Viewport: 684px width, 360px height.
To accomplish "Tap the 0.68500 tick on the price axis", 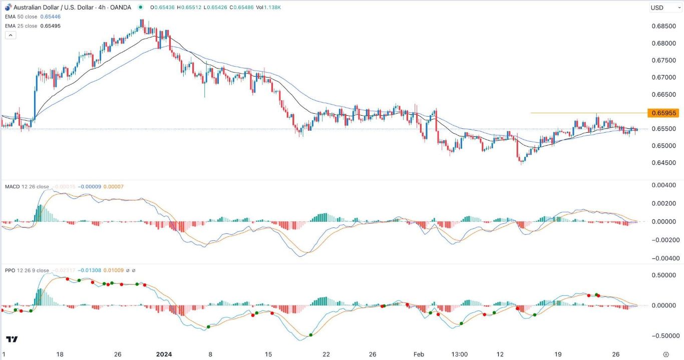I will click(x=664, y=26).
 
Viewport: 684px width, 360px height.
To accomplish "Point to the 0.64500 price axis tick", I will click(x=664, y=163).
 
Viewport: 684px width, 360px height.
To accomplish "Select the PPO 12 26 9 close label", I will click(x=27, y=270).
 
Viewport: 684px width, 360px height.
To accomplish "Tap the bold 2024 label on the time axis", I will click(x=164, y=354).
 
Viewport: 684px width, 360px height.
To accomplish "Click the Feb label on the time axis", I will click(x=419, y=354).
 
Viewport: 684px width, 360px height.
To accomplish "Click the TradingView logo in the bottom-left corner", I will click(x=12, y=339).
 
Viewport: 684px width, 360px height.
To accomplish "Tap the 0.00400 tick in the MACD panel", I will click(x=664, y=185).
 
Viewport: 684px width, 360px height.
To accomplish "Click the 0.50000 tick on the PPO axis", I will click(x=664, y=275).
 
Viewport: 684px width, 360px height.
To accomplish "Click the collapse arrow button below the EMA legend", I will click(x=11, y=35).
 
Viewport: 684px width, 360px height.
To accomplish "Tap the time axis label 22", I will click(x=326, y=354).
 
